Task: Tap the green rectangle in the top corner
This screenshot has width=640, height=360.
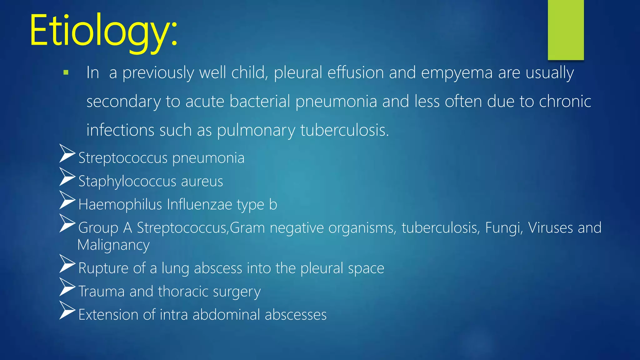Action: click(566, 30)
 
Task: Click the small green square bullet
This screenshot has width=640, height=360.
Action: click(66, 73)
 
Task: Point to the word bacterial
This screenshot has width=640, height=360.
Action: click(260, 101)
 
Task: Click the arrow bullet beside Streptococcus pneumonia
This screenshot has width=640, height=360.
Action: click(67, 153)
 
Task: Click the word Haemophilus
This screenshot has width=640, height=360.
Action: click(120, 204)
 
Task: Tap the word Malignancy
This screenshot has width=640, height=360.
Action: click(113, 245)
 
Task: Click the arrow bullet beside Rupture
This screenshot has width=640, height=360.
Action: click(67, 263)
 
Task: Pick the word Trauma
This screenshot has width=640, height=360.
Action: click(101, 291)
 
